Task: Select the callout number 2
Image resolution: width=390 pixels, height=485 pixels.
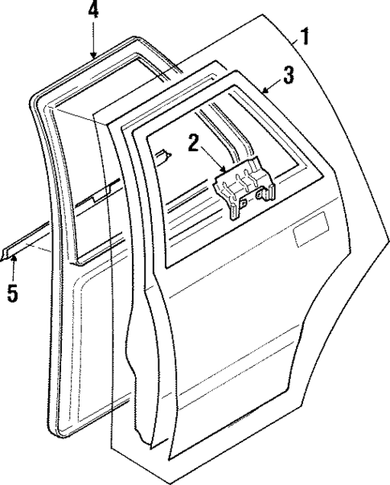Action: [194, 144]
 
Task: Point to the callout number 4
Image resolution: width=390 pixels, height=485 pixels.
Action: [93, 11]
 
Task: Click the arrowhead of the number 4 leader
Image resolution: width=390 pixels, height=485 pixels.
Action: [94, 55]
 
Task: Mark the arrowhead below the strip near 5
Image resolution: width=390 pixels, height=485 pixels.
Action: [14, 258]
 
